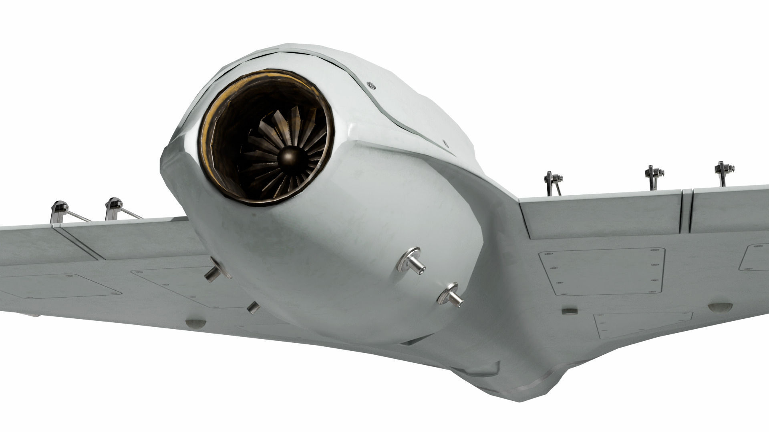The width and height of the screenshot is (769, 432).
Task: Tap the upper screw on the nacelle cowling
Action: click(371, 84)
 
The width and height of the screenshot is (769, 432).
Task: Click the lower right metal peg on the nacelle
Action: click(451, 295)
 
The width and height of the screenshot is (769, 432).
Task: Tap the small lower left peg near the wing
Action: click(254, 307)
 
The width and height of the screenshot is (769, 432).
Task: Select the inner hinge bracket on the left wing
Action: click(113, 208)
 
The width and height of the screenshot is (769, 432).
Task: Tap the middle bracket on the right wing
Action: click(653, 176)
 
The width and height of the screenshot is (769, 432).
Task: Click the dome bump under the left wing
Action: click(195, 323)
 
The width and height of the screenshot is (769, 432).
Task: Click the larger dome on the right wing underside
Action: click(720, 307)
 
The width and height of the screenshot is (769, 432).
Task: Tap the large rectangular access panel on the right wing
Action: click(601, 271)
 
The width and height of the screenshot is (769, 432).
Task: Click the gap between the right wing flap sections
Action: click(686, 212)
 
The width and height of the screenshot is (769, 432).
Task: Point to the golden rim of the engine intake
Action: click(208, 120)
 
